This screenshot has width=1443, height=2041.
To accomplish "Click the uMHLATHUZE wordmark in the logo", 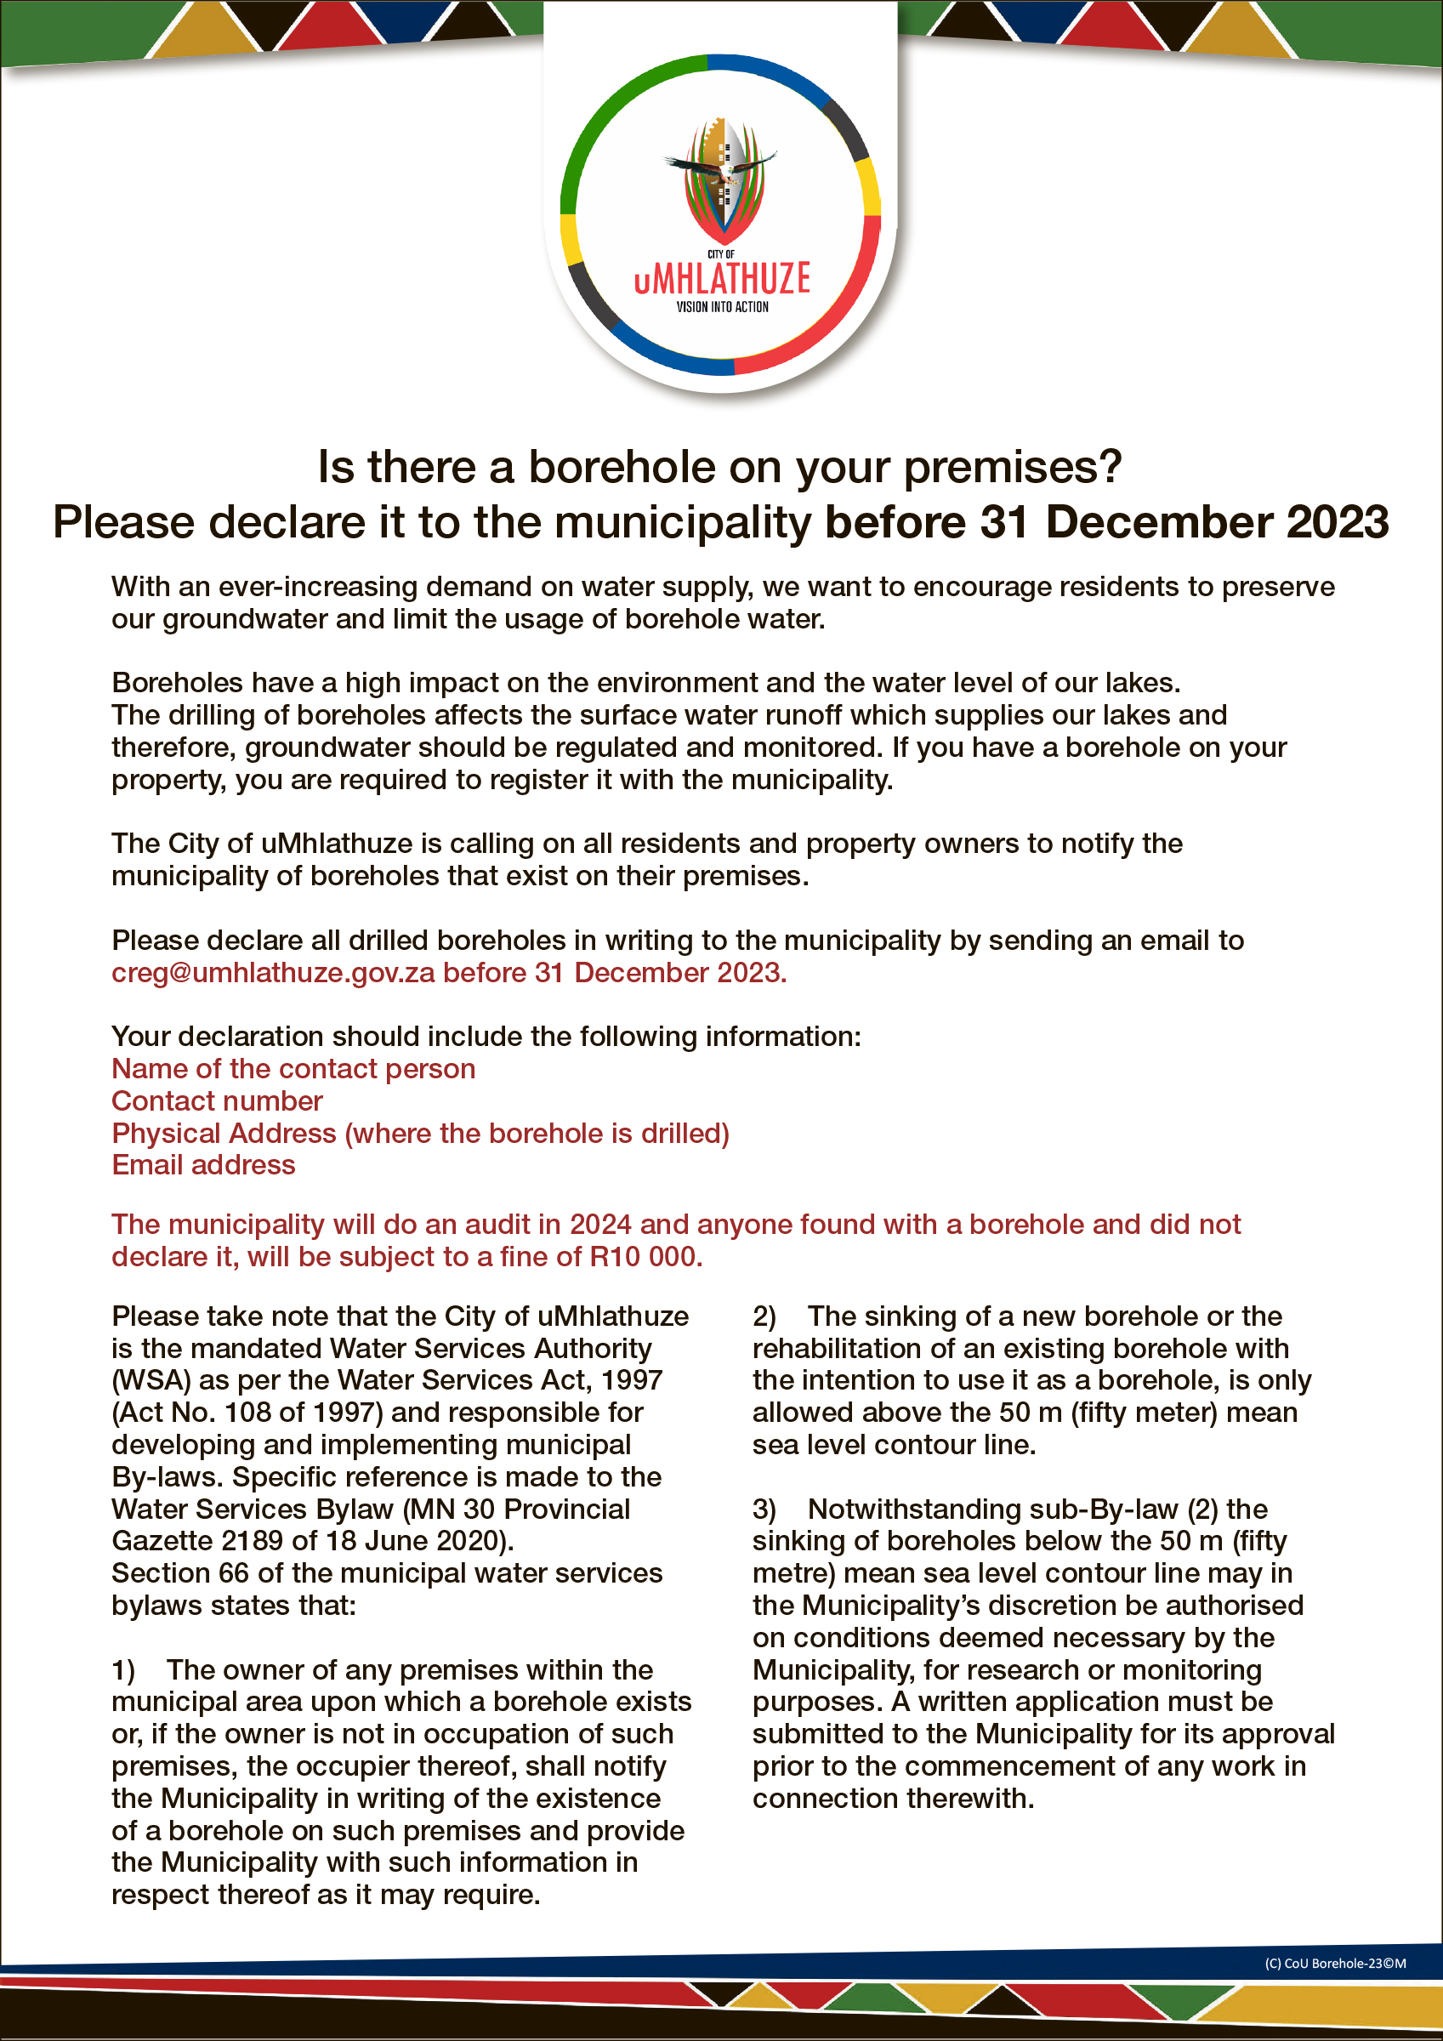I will [x=722, y=278].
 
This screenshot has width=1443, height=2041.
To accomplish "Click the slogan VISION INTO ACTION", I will [x=722, y=308].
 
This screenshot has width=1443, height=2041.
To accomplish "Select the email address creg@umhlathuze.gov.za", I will [x=273, y=973].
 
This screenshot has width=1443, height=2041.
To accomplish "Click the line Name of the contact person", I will [x=293, y=1068].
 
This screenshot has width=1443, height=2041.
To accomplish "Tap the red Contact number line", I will [x=217, y=1101].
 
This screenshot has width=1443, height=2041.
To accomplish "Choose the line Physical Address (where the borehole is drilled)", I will [x=420, y=1134].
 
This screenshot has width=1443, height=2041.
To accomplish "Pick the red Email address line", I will [x=203, y=1165].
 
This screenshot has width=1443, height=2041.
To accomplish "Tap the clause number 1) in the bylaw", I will [x=122, y=1670].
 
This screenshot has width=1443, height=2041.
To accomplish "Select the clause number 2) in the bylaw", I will [x=764, y=1316].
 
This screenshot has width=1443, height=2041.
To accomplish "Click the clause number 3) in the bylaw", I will [x=764, y=1509].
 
